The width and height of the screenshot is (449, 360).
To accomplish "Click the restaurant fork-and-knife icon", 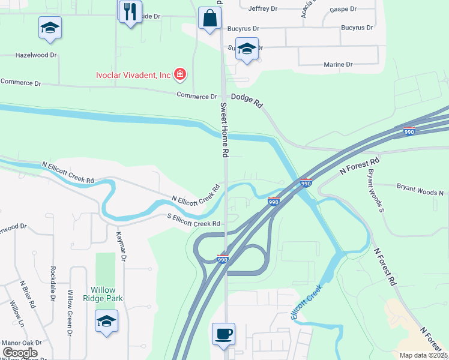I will coord(130,11).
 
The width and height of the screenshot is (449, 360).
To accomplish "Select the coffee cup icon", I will coord(223,334).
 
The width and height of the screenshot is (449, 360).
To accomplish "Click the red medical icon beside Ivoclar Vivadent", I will coord(179,75).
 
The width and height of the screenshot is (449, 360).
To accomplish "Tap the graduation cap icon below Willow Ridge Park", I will coord(106,321).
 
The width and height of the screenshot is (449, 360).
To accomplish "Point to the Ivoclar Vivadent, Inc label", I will coord(133,75).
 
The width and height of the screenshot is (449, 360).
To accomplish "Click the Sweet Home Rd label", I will coord(224,130).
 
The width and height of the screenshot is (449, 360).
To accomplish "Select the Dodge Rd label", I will coord(247,99).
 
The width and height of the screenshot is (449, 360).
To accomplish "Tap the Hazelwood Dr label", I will coord(36,55).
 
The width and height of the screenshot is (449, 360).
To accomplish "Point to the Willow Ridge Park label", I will coord(107,294).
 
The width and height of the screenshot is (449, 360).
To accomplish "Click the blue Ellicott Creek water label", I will coord(307,301).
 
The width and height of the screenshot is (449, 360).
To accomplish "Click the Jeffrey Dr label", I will coord(263,8).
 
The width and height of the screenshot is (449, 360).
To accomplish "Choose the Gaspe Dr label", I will coord(343,10).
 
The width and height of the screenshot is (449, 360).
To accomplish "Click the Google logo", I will coord(20,353).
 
